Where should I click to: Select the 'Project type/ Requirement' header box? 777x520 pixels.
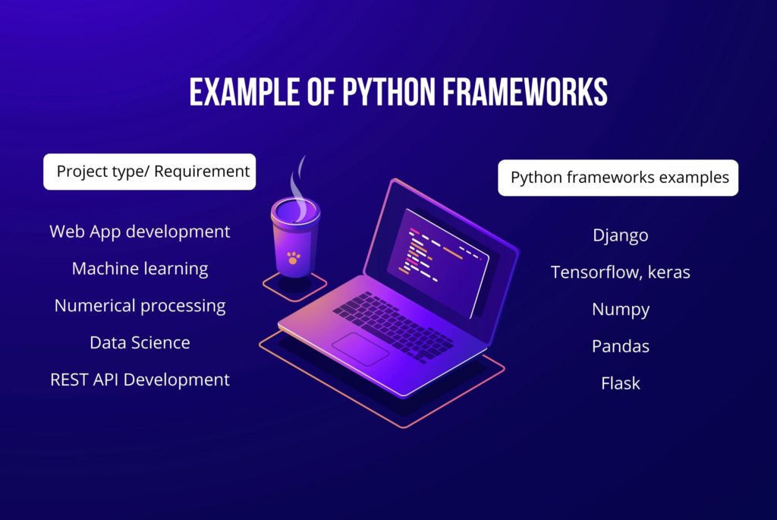point(149,172)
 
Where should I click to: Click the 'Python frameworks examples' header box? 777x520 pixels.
point(618,178)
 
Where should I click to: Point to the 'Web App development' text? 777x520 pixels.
point(140,232)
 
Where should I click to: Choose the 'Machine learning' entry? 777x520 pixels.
point(140,269)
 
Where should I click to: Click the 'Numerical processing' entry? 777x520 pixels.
point(140,306)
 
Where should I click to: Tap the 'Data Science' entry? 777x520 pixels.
point(140,342)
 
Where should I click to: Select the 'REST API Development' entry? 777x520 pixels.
point(140,380)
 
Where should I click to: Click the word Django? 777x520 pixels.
point(620,235)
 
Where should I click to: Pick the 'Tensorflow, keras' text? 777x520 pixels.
point(620,272)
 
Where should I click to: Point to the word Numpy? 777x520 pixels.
point(620,310)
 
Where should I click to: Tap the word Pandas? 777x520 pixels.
point(620,346)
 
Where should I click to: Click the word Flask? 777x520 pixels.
point(620,383)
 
